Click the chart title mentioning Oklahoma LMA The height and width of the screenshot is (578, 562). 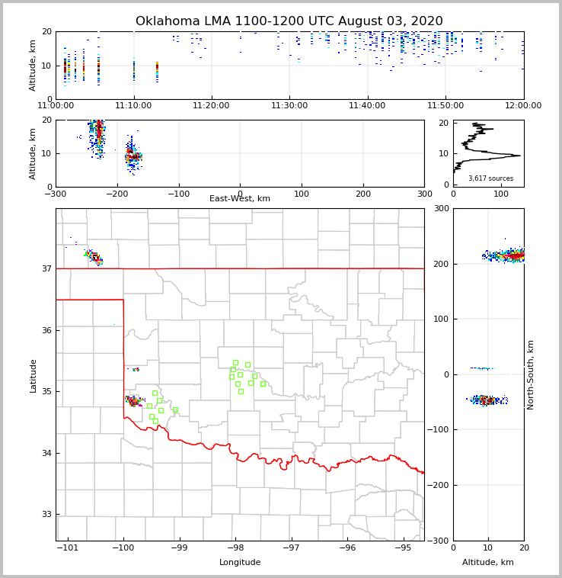(x=289, y=21)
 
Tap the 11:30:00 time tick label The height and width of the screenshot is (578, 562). (x=289, y=105)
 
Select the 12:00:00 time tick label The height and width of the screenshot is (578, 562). (x=523, y=105)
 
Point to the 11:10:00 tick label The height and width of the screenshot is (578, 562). (x=133, y=105)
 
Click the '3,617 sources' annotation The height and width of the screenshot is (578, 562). (x=490, y=178)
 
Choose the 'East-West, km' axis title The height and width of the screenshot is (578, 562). (x=240, y=199)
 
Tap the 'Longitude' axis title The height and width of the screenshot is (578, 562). (x=240, y=563)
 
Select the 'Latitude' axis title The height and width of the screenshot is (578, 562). (x=33, y=375)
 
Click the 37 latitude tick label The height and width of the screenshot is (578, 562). (x=46, y=268)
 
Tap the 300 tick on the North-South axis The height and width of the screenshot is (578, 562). (x=439, y=208)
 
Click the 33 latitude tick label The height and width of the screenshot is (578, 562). (x=46, y=515)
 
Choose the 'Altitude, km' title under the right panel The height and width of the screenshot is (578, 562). (x=488, y=563)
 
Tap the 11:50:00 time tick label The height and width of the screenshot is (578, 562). (x=445, y=105)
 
